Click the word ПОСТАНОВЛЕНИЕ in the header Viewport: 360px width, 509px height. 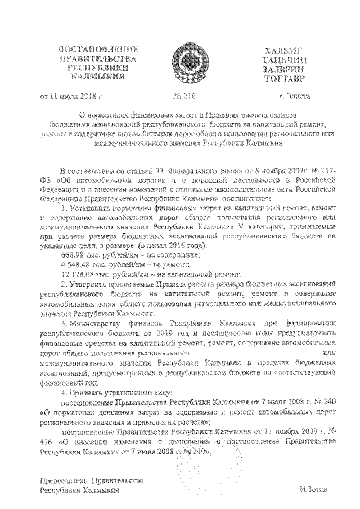click(x=93, y=51)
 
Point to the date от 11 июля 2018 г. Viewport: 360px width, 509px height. click(x=71, y=96)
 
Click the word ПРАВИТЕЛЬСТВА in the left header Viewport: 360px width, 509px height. click(x=93, y=60)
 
